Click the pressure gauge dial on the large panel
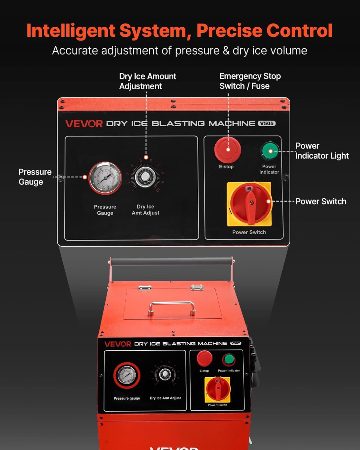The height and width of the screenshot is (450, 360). click(x=105, y=178)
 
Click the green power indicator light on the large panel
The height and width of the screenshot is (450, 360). click(x=270, y=151)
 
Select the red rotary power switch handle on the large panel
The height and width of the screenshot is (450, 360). click(x=250, y=204)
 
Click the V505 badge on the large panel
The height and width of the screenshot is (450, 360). click(x=266, y=123)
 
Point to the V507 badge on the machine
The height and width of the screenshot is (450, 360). click(x=235, y=343)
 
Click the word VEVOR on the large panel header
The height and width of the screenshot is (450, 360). click(x=84, y=124)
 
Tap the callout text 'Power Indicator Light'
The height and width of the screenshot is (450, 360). click(x=322, y=151)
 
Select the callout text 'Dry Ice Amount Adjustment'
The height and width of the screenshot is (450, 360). click(x=147, y=81)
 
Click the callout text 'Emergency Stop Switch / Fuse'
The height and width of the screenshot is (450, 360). click(x=250, y=81)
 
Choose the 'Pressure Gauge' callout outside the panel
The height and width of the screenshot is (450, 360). click(x=35, y=177)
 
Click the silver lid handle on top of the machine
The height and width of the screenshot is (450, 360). click(x=172, y=308)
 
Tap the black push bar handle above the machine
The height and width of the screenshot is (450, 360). click(x=172, y=262)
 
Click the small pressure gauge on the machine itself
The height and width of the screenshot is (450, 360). click(x=127, y=375)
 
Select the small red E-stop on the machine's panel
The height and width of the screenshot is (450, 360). click(x=204, y=358)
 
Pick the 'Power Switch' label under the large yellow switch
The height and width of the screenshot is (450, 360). click(x=249, y=232)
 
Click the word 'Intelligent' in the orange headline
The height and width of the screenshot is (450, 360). click(x=71, y=31)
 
